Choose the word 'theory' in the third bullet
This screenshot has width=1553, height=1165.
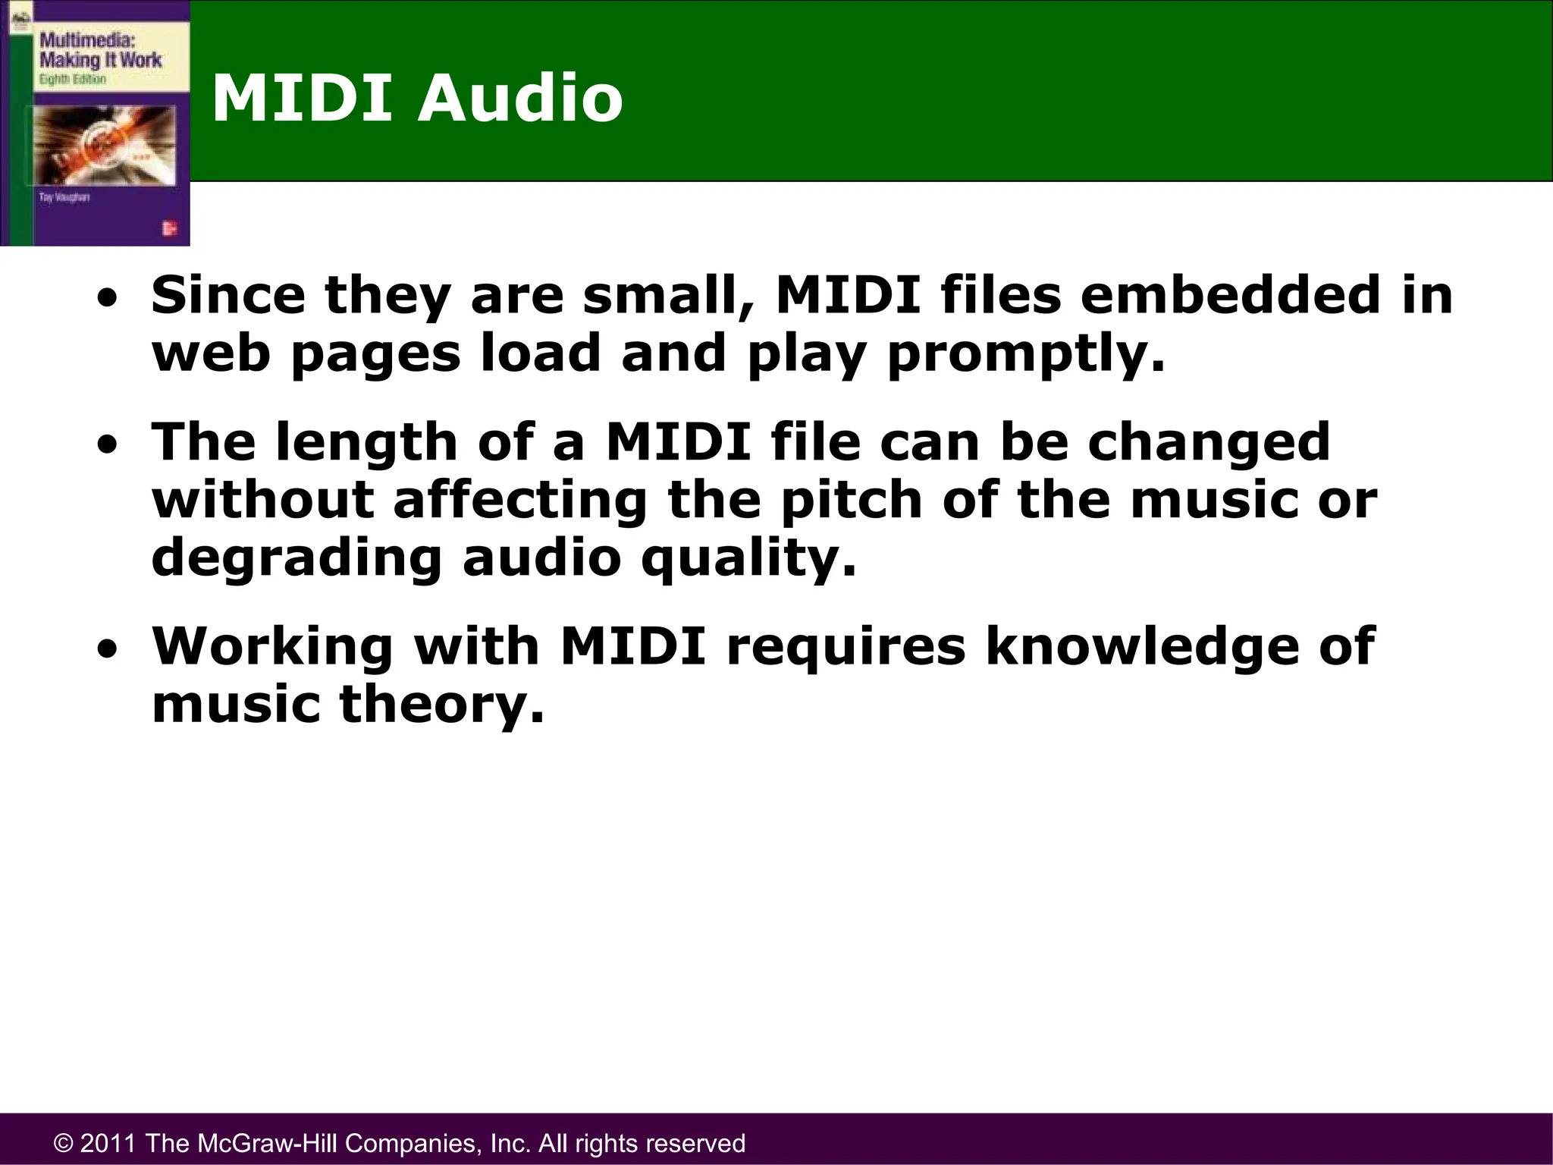coord(441,705)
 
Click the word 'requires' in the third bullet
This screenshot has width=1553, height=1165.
coord(846,646)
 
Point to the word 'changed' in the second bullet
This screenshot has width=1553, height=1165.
coord(1209,443)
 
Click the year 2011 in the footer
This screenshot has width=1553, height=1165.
coord(108,1143)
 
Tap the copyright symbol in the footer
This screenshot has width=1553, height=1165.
coord(64,1143)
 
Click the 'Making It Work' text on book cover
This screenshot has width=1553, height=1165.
coord(100,60)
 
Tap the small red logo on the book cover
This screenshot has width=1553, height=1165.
coord(169,228)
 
